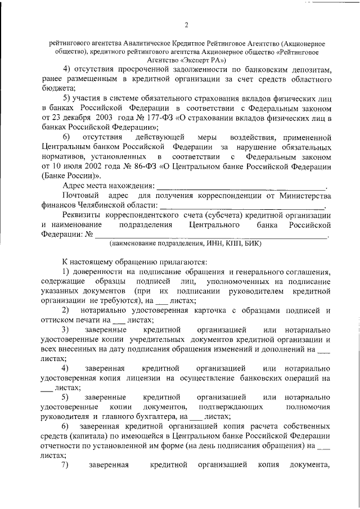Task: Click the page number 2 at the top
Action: pyautogui.click(x=186, y=25)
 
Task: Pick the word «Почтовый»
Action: pyautogui.click(x=80, y=195)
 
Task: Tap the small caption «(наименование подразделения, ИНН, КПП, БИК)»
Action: pyautogui.click(x=185, y=244)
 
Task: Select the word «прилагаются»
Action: pyautogui.click(x=181, y=262)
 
